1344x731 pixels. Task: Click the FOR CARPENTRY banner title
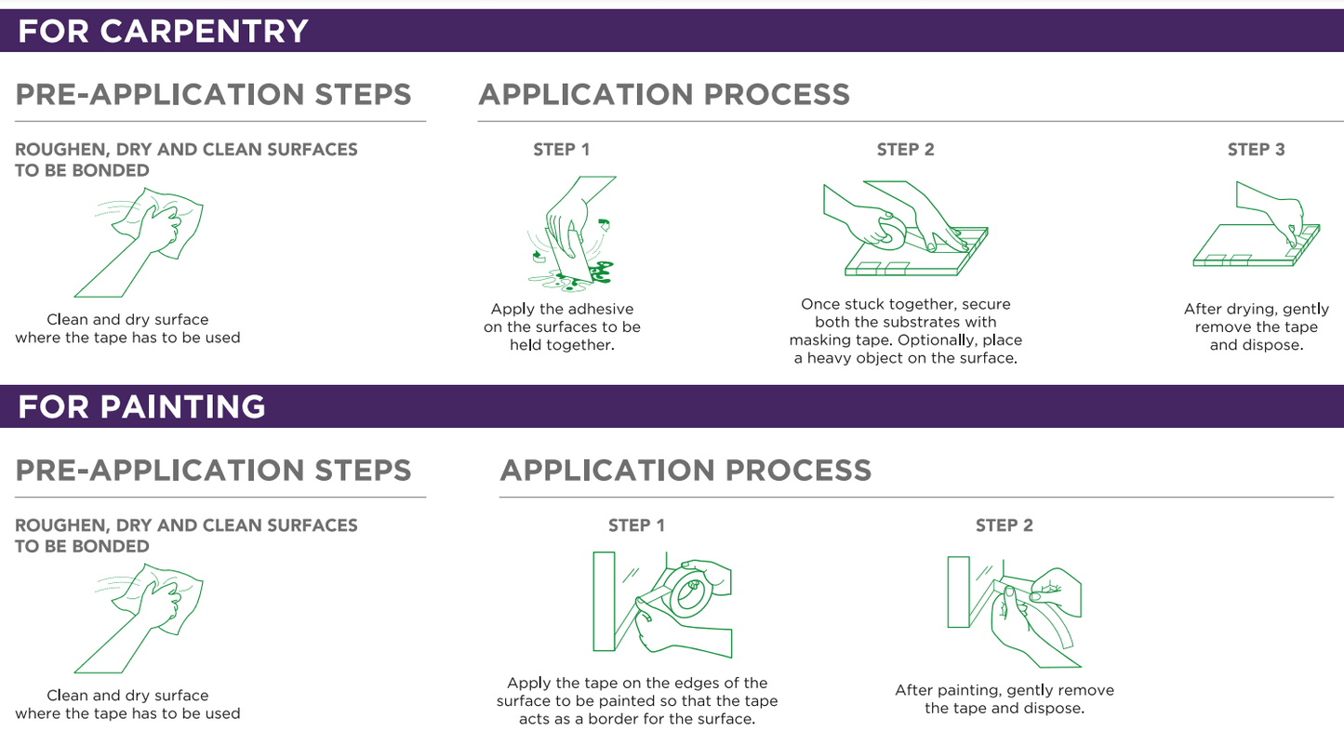coord(163,31)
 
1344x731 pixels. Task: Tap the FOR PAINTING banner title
coord(141,406)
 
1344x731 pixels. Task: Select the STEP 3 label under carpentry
coord(1256,150)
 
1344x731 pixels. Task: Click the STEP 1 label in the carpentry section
coord(561,150)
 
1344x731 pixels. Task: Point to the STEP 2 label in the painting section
coord(1004,525)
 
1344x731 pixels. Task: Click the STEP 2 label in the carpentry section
coord(905,150)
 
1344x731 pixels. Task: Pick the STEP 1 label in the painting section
coord(636,525)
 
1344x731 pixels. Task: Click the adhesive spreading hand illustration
coord(570,233)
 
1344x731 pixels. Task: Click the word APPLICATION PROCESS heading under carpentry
coord(664,95)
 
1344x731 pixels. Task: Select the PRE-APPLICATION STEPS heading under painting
coord(213,471)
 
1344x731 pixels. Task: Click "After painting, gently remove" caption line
coord(1004,690)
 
